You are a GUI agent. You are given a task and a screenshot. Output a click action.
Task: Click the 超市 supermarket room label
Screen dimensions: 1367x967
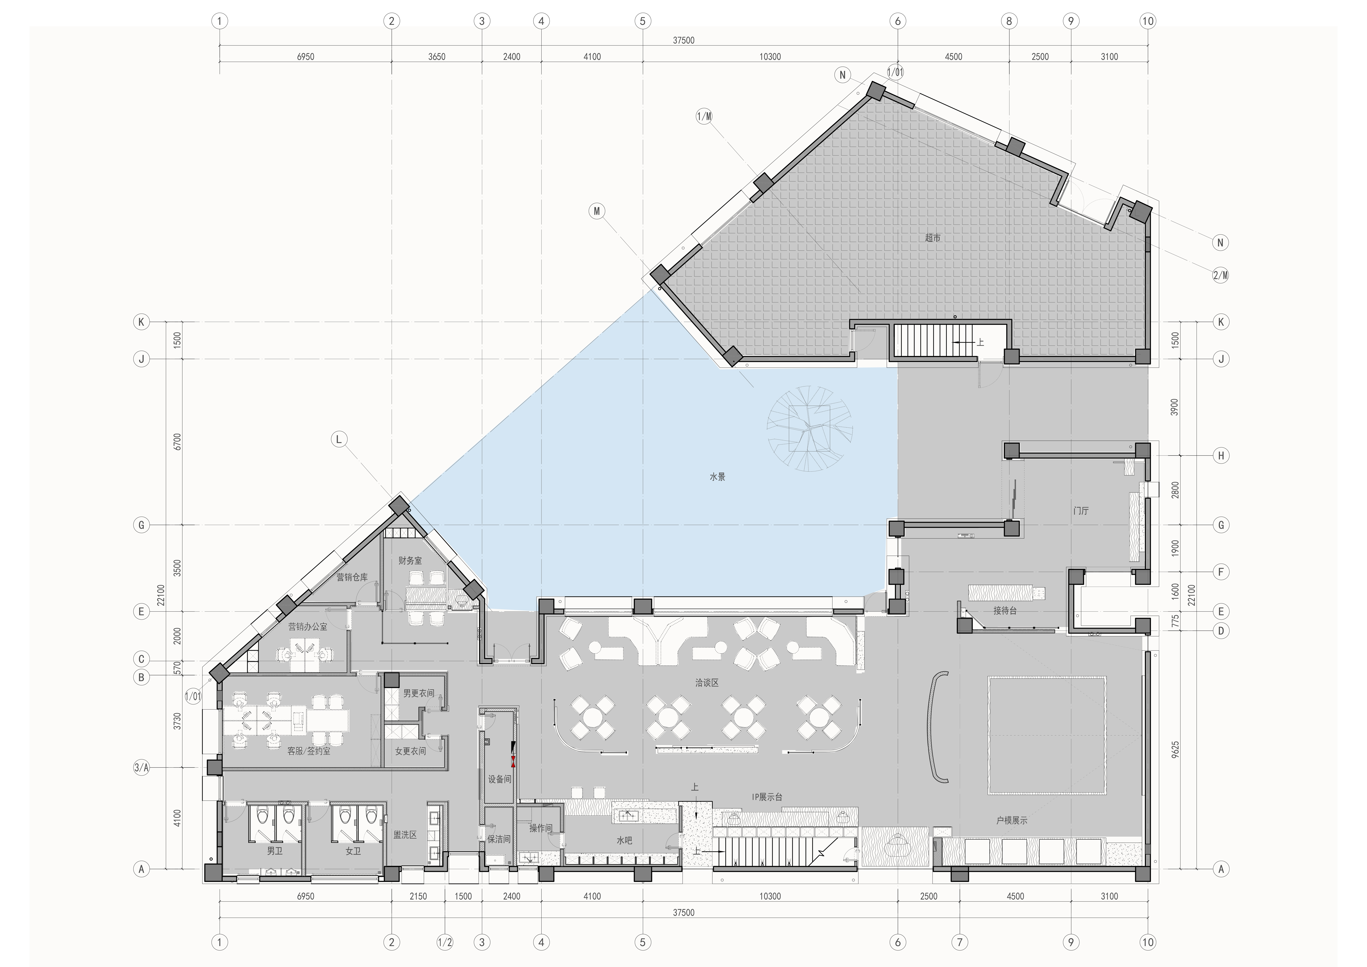tap(933, 238)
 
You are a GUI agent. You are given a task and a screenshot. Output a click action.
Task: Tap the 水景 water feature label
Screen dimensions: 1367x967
tap(717, 477)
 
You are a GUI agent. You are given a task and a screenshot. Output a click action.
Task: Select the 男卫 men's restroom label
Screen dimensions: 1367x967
tap(274, 851)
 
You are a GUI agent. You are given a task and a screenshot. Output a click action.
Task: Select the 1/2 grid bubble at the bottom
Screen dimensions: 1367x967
tap(445, 943)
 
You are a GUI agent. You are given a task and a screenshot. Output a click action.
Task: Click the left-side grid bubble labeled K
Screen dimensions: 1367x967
tap(141, 322)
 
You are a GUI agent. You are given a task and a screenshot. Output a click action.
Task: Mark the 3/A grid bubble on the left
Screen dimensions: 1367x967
tap(141, 768)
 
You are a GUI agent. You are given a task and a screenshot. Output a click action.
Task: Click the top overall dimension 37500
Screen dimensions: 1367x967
tap(683, 41)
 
